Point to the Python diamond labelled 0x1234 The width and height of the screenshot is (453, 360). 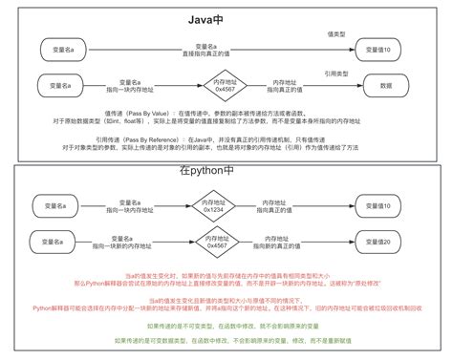coord(217,204)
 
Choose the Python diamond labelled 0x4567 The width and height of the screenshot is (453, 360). coord(217,242)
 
